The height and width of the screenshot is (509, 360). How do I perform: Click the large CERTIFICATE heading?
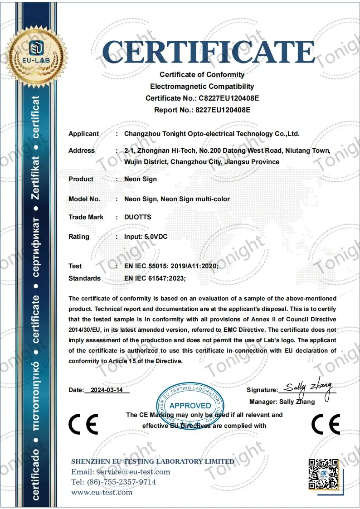(x=209, y=51)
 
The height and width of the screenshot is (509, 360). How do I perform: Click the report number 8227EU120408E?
(x=222, y=110)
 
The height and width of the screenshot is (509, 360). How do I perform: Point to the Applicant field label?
(x=83, y=134)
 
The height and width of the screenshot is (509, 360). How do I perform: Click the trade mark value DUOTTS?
(x=138, y=217)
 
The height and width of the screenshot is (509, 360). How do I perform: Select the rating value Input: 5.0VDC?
(x=146, y=237)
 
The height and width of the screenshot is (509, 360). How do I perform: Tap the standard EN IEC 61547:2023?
(x=155, y=278)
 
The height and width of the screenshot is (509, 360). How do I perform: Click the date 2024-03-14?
(x=107, y=390)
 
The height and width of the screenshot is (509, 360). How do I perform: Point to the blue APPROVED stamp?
(x=190, y=405)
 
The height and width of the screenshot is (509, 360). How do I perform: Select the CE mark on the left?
(x=83, y=424)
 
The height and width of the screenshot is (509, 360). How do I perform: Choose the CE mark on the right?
(x=326, y=424)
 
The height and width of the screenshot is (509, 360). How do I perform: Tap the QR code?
(x=323, y=474)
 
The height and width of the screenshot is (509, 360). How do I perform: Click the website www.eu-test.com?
(x=102, y=492)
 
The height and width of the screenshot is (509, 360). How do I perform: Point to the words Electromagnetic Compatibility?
(x=202, y=86)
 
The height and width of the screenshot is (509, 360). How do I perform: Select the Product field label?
(x=81, y=179)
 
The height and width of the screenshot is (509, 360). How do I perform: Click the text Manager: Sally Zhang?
(x=282, y=402)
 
